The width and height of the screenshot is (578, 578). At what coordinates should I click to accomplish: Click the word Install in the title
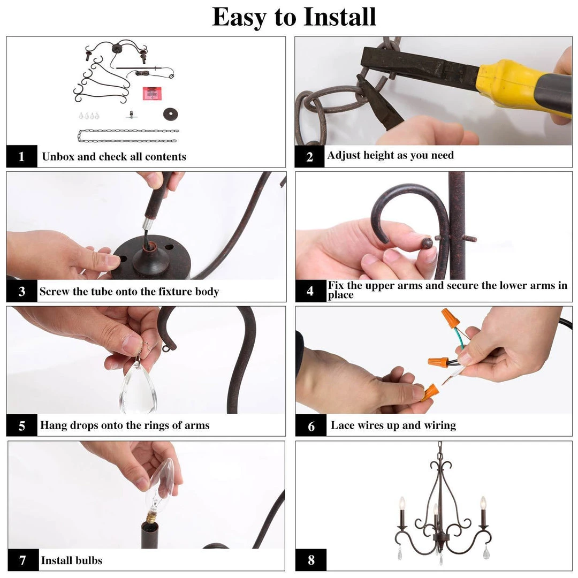coord(339,17)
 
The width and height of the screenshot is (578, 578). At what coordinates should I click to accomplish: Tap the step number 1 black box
coord(22,156)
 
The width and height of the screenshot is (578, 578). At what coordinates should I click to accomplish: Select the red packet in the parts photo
coord(151,93)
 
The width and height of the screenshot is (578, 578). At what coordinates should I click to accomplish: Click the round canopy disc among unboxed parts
coord(170,114)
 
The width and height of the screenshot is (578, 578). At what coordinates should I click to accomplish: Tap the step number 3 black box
coord(22,291)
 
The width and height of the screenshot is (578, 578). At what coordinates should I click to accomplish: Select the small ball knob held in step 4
coord(427,243)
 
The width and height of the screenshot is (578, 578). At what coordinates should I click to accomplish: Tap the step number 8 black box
coord(311,560)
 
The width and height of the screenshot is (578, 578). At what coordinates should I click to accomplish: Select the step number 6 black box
coord(311,425)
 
